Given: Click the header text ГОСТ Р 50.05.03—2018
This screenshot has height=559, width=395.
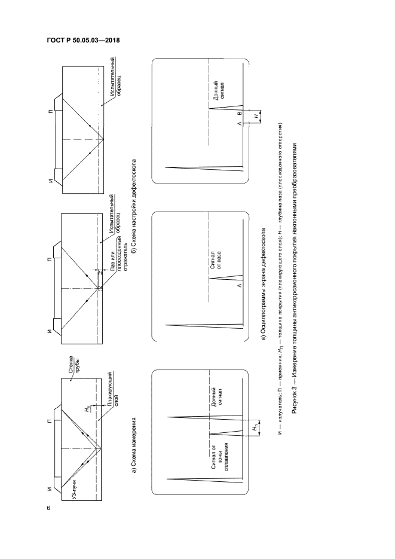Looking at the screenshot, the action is (x=83, y=40).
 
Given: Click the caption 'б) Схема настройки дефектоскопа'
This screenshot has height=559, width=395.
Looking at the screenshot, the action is (x=134, y=204).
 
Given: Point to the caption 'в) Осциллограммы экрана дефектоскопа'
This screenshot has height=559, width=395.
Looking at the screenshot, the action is (x=264, y=284).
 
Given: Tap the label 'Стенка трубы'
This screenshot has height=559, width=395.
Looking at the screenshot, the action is (x=74, y=364).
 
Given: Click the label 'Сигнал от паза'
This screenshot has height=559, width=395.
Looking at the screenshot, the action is (x=215, y=260).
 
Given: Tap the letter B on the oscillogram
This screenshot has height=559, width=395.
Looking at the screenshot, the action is (x=240, y=113).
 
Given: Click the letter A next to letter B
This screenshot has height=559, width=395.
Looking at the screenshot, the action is (x=240, y=124).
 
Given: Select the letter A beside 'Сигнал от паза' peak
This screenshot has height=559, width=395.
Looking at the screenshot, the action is (x=240, y=285).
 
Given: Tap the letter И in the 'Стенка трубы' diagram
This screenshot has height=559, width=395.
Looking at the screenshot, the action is (x=50, y=488).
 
